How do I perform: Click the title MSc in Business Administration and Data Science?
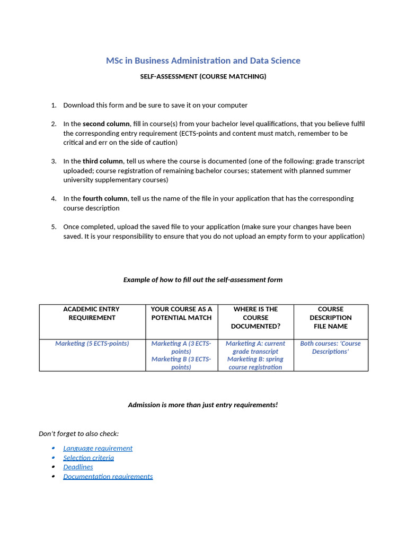click(x=203, y=60)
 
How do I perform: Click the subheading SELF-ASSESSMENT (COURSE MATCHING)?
click(x=203, y=76)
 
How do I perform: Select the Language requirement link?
click(x=98, y=448)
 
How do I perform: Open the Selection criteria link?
click(x=89, y=458)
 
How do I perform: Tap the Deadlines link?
click(x=78, y=467)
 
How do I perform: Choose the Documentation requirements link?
click(x=108, y=476)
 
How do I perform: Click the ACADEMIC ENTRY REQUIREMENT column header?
click(x=92, y=313)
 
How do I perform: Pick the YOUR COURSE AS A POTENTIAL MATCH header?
click(x=181, y=313)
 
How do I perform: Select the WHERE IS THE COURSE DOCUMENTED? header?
click(x=255, y=317)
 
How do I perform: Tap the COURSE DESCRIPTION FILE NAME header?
click(x=331, y=317)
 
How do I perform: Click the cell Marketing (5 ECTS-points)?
click(x=92, y=344)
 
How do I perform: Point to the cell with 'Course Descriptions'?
click(x=330, y=347)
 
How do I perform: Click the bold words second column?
click(x=106, y=124)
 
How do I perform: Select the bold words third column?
click(x=103, y=161)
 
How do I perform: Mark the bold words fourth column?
click(x=105, y=198)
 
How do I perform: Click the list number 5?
click(x=54, y=227)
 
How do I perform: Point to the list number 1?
click(x=54, y=106)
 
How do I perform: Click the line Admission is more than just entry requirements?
click(x=203, y=405)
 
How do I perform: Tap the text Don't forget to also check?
click(x=78, y=434)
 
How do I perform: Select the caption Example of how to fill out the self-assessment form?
click(x=203, y=279)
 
